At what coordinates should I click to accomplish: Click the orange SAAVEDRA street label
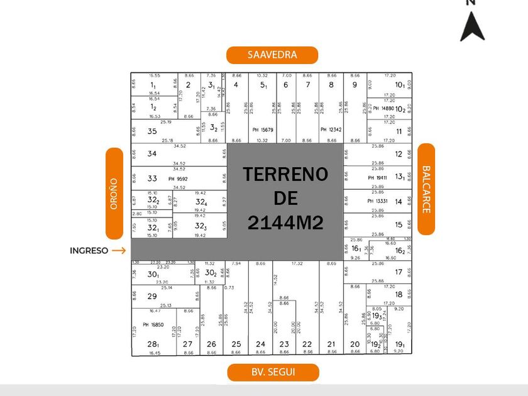pyautogui.click(x=272, y=55)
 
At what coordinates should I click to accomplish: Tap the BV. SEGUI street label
pyautogui.click(x=273, y=372)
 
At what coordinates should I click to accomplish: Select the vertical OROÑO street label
pyautogui.click(x=114, y=194)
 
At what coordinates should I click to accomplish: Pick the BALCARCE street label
pyautogui.click(x=426, y=189)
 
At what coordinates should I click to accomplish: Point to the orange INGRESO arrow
pyautogui.click(x=119, y=250)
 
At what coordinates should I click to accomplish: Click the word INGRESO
pyautogui.click(x=89, y=250)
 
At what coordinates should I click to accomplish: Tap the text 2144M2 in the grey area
pyautogui.click(x=285, y=222)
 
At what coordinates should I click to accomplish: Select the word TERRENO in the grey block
pyautogui.click(x=285, y=175)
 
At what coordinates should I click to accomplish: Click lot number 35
pyautogui.click(x=152, y=131)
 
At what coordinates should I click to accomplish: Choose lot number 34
pyautogui.click(x=152, y=153)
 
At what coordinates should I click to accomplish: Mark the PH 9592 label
pyautogui.click(x=178, y=179)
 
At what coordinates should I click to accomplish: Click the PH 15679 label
pyautogui.click(x=263, y=130)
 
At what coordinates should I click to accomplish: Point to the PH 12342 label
pyautogui.click(x=331, y=130)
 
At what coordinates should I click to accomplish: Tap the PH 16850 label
pyautogui.click(x=153, y=325)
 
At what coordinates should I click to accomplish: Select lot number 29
pyautogui.click(x=152, y=296)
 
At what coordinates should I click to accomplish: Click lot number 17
pyautogui.click(x=399, y=272)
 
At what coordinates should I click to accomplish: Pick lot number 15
pyautogui.click(x=399, y=224)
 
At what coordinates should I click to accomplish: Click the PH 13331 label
pyautogui.click(x=379, y=201)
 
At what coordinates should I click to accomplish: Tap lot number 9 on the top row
pyautogui.click(x=355, y=85)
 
